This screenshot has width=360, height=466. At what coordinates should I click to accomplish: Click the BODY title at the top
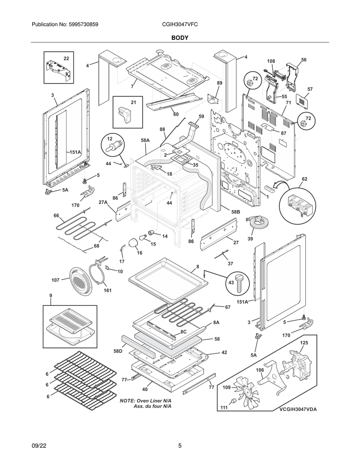tap(180, 38)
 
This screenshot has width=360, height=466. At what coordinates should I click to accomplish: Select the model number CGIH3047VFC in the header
tap(180, 25)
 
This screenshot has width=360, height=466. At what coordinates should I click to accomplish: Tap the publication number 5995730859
tap(79, 25)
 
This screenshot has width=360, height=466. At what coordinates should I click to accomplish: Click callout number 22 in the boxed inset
tap(66, 58)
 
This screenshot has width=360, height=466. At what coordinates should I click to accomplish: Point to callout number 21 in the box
tap(133, 102)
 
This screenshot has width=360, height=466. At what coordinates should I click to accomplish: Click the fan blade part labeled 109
tap(246, 393)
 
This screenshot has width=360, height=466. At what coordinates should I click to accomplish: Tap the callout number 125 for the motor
tap(304, 343)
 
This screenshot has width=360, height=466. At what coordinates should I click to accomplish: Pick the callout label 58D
tap(118, 351)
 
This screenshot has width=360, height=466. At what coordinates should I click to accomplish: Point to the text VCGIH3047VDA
tap(298, 409)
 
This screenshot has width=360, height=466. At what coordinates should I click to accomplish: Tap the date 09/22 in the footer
tap(39, 446)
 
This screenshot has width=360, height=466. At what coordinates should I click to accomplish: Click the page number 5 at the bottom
tap(180, 446)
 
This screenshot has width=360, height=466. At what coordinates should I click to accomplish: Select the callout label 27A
tap(103, 202)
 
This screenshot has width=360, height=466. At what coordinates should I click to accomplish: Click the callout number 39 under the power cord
tap(250, 239)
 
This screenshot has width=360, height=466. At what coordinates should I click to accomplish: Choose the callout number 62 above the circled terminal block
tap(305, 179)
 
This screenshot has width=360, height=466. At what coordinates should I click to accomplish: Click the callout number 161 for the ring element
tap(108, 290)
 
